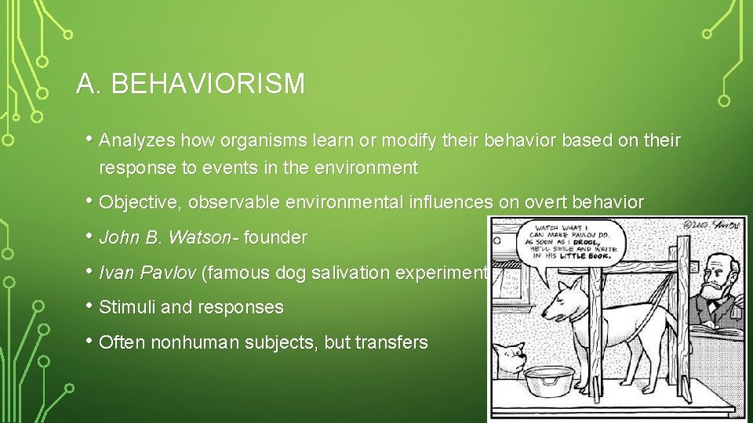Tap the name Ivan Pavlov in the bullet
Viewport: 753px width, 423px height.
coord(148,273)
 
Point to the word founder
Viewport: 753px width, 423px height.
coord(276,237)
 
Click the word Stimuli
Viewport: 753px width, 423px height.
coord(128,307)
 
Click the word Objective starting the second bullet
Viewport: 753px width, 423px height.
coord(137,203)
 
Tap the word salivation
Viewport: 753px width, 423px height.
coord(358,273)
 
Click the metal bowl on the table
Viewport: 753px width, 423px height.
coord(549,381)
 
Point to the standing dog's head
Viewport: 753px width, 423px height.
coord(568,303)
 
